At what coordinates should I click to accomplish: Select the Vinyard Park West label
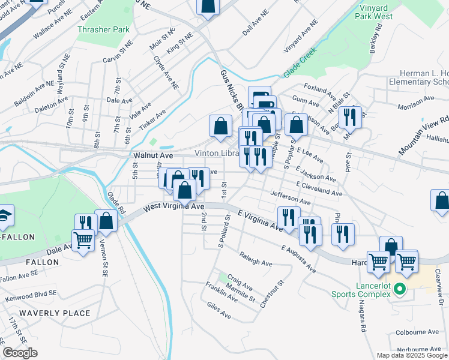385,12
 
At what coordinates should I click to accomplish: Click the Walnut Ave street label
153,155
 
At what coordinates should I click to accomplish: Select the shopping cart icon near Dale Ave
84,241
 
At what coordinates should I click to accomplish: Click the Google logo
20,353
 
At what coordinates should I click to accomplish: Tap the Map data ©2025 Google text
412,355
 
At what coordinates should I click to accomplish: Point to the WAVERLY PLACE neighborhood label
55,313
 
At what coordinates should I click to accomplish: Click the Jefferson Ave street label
290,197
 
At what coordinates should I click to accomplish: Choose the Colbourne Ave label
417,332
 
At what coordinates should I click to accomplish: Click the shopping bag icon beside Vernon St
106,221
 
